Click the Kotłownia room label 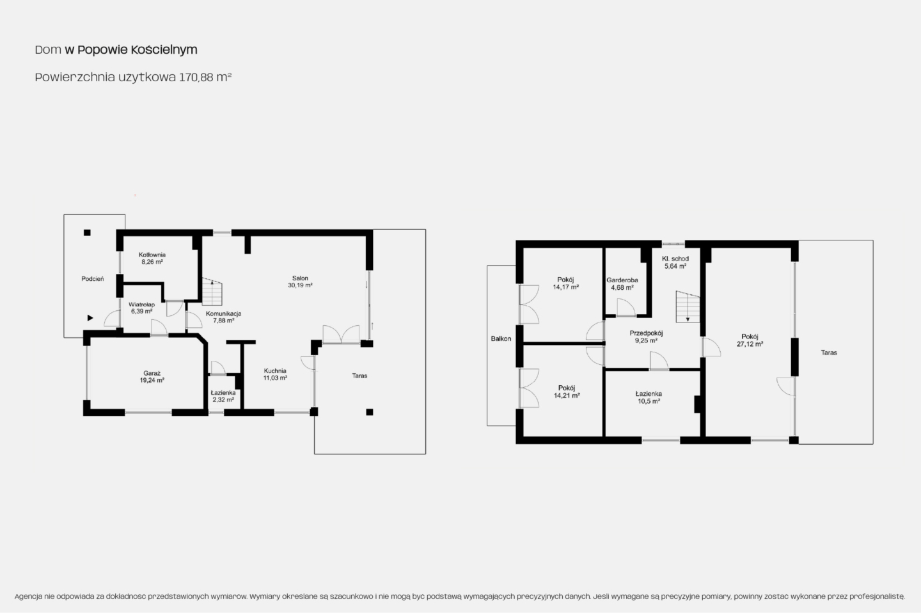(152, 255)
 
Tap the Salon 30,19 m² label (300, 282)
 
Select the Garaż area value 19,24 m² (152, 381)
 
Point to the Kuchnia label (275, 371)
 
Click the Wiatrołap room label (142, 305)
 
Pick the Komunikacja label (224, 314)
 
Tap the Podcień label (93, 279)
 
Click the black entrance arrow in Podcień (90, 318)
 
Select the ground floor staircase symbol (212, 292)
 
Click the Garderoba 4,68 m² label (622, 284)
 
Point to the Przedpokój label (646, 333)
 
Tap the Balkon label (501, 339)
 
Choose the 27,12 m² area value (750, 344)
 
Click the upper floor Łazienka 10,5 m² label (649, 397)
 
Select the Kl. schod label (675, 259)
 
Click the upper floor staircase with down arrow (688, 306)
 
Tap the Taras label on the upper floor (829, 353)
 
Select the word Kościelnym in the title (164, 50)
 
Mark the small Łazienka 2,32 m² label (223, 396)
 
